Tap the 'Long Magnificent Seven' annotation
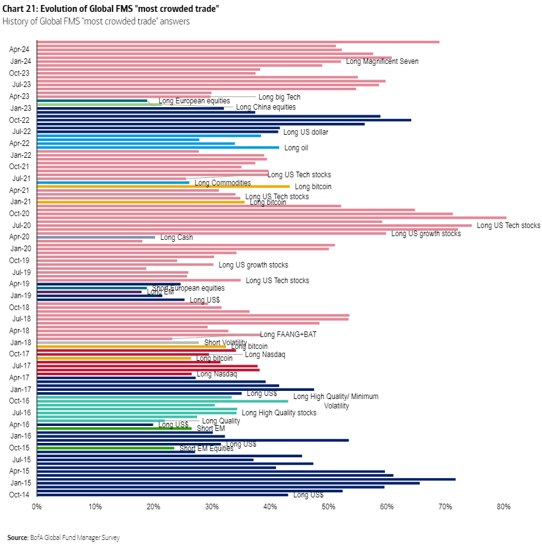[x=382, y=61]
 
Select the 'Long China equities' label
[x=265, y=107]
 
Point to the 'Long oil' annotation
[x=296, y=148]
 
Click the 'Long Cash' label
[x=176, y=237]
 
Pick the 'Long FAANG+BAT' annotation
[x=288, y=335]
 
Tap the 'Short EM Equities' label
[x=206, y=449]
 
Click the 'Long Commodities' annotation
[x=222, y=183]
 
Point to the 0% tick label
[x=37, y=506]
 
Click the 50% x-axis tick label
[x=329, y=506]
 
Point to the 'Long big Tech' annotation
[x=279, y=97]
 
